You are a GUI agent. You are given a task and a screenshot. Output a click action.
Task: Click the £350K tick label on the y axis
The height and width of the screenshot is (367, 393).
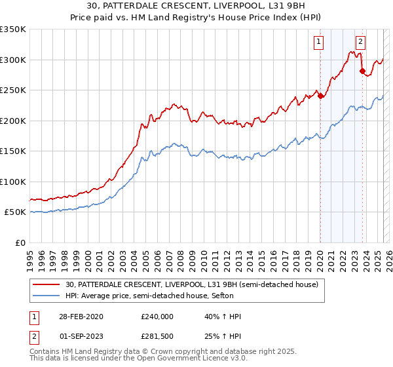pos(13,29)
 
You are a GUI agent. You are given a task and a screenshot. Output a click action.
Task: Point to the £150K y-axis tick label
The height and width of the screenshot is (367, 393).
pos(13,151)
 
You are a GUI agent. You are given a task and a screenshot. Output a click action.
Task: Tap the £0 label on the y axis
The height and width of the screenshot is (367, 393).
pos(20,242)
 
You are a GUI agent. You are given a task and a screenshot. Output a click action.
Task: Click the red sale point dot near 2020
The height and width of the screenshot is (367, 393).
pos(321,96)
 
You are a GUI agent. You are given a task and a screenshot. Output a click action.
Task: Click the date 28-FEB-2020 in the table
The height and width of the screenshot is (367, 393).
pos(81,317)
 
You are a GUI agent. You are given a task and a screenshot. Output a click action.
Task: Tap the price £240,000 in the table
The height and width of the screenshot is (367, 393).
pos(157,317)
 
